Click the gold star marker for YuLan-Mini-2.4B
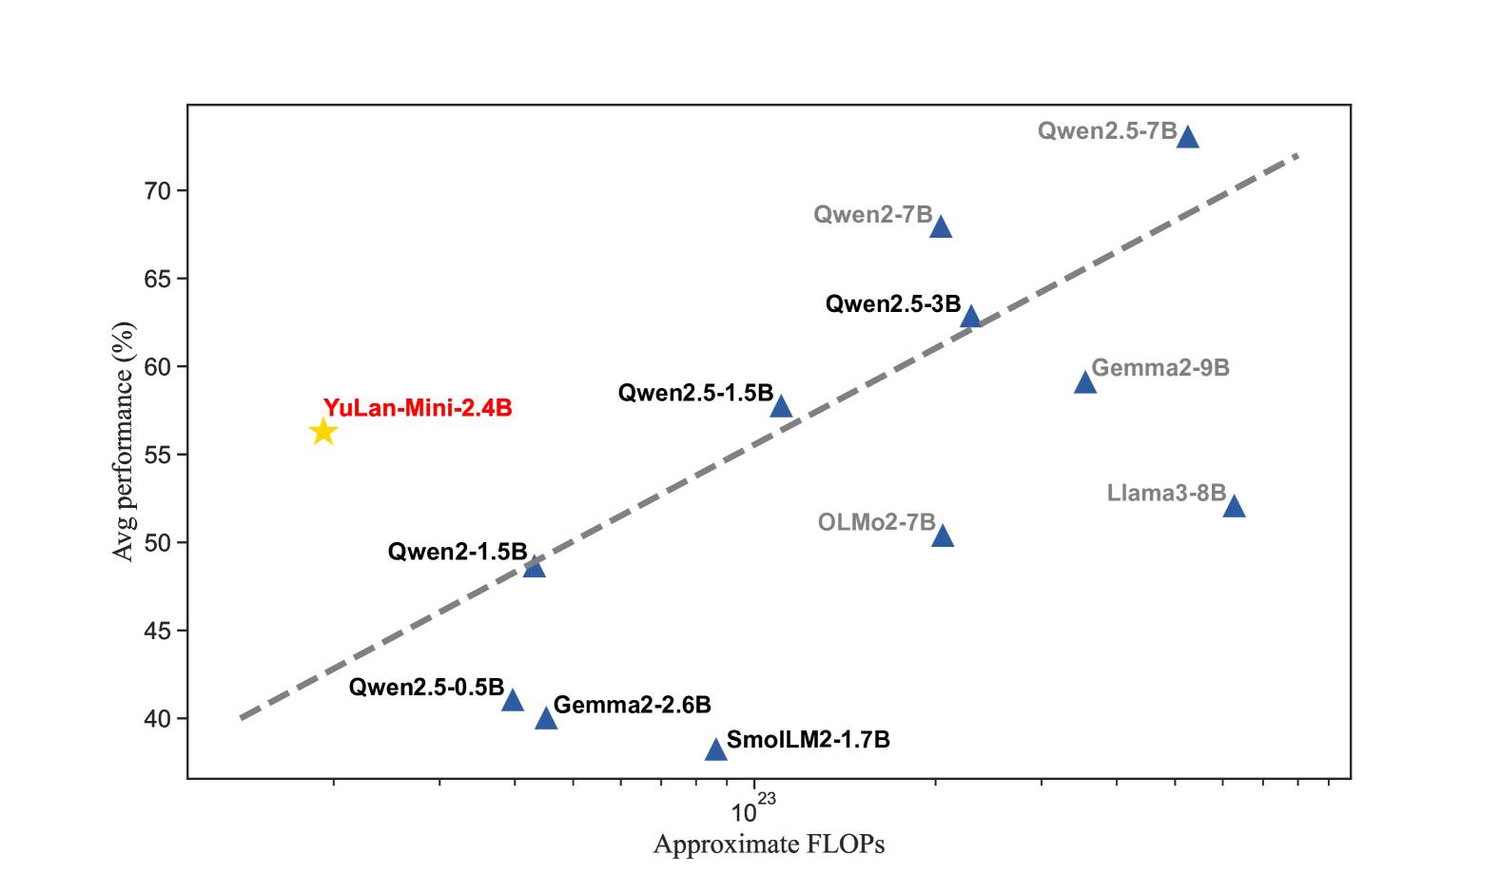click(323, 433)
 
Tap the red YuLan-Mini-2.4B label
click(418, 408)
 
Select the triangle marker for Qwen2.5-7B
click(1187, 138)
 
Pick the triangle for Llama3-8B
click(1234, 507)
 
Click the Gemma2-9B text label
click(1160, 368)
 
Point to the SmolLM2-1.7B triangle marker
click(716, 750)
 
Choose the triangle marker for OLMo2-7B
click(943, 536)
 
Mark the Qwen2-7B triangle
click(941, 227)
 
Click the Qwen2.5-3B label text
click(892, 304)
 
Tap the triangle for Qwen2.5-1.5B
click(781, 408)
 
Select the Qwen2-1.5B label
click(457, 552)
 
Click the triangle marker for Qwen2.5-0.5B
click(513, 701)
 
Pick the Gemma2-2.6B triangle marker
click(546, 719)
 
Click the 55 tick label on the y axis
click(158, 456)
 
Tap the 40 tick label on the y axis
click(158, 719)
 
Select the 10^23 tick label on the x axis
click(751, 810)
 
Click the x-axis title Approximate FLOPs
click(769, 845)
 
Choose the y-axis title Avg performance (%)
click(124, 441)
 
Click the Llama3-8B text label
click(1165, 494)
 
